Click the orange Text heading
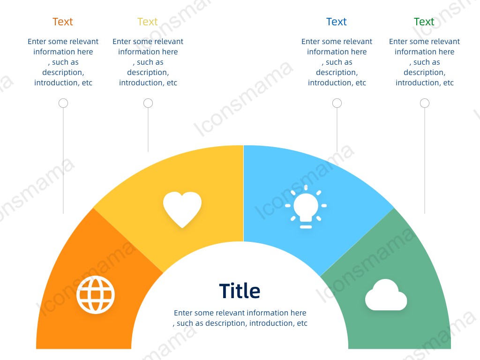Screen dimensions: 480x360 click(62, 22)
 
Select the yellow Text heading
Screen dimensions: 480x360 click(147, 22)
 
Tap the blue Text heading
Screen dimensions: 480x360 click(336, 22)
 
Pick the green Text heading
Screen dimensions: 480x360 click(424, 22)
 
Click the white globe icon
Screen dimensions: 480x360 click(96, 295)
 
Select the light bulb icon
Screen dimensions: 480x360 click(306, 207)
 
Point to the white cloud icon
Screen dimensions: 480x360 click(386, 294)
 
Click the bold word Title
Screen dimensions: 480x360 click(240, 291)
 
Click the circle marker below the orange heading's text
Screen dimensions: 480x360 click(63, 103)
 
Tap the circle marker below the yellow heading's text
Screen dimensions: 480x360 click(148, 103)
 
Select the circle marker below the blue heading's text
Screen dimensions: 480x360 click(337, 103)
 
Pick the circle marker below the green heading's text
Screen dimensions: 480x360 click(425, 103)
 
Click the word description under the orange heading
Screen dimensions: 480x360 click(63, 73)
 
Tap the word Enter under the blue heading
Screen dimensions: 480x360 click(311, 41)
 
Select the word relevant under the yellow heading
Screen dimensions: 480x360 click(170, 41)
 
